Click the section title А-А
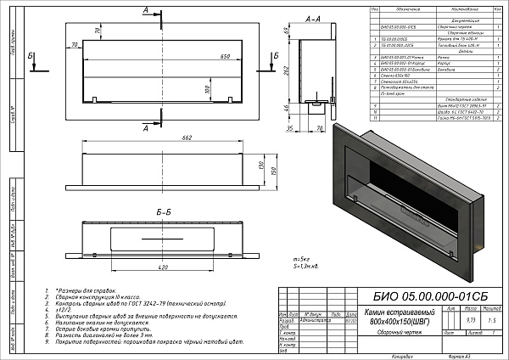coord(312,16)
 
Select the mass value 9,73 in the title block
coord(471,321)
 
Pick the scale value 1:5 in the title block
coord(492,321)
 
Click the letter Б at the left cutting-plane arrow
coord(31,55)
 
